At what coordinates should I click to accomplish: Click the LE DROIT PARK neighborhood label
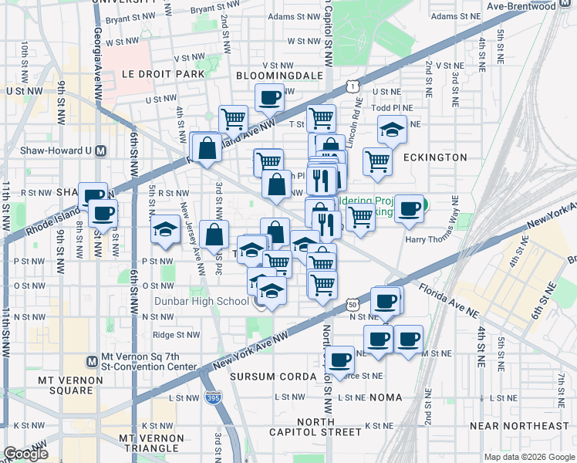point(163,74)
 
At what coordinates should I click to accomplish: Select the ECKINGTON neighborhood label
point(434,157)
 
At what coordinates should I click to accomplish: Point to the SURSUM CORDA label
point(273,377)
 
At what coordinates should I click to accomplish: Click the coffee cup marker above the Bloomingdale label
point(269,97)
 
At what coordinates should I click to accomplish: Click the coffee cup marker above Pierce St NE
point(339,358)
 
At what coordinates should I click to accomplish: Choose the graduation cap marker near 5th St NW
point(165,230)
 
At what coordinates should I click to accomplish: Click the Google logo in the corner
point(25,454)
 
